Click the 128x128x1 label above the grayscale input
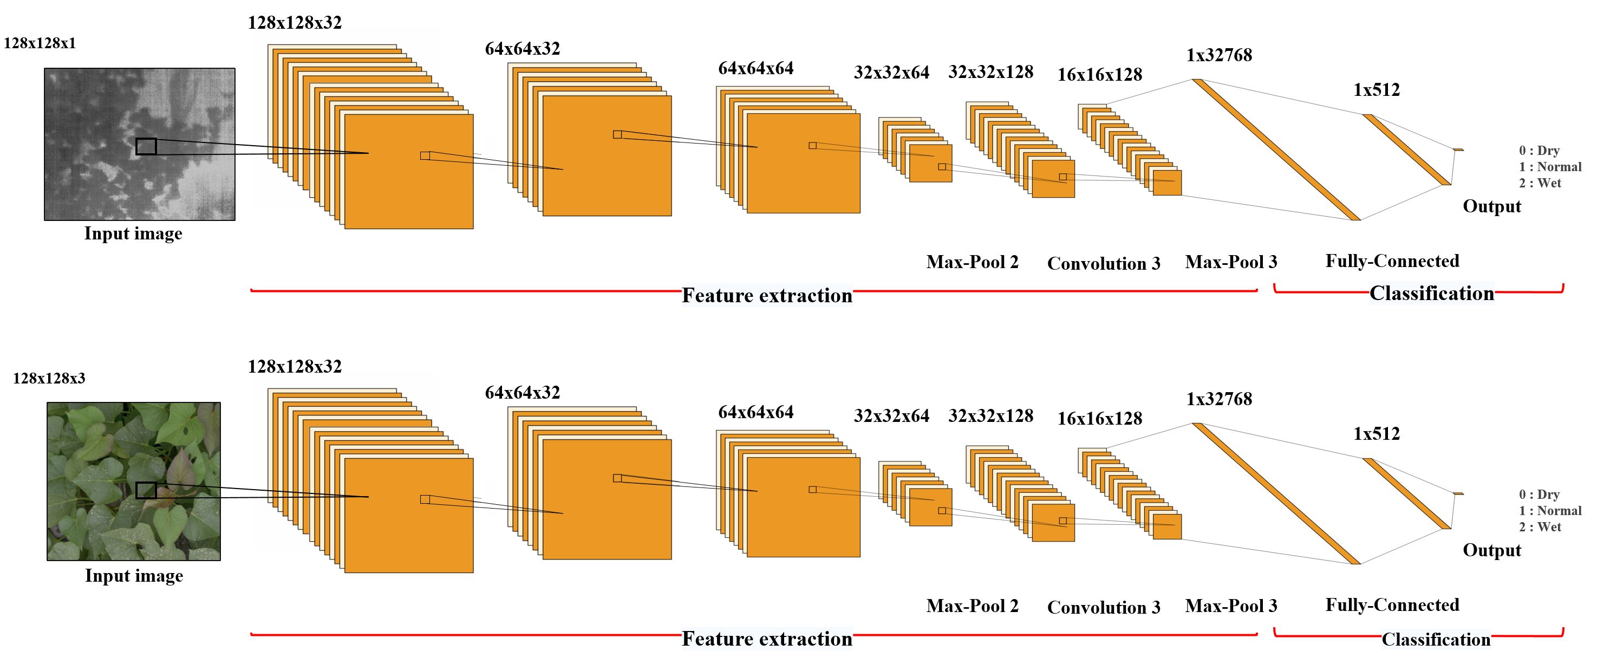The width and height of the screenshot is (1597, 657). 40,43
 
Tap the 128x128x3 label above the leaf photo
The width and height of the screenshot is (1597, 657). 49,378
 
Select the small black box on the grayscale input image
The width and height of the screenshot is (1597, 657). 146,146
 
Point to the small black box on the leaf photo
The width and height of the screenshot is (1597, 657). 146,490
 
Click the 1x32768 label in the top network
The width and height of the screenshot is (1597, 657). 1219,55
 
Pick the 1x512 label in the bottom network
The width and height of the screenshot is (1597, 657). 1376,434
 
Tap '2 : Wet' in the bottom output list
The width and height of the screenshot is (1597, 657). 1540,527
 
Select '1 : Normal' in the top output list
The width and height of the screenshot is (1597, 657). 1550,167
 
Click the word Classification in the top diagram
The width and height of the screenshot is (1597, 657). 1431,293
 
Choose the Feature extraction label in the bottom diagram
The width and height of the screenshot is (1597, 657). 767,639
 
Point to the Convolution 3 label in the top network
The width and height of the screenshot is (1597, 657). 1104,263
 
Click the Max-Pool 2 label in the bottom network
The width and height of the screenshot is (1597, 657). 972,606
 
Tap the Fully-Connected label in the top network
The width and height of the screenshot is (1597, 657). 1392,261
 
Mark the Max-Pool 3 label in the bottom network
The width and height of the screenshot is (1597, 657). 1230,606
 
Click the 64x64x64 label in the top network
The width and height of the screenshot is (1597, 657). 756,68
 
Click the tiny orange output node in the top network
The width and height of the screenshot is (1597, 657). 1459,149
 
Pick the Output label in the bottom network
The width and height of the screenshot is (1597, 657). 1491,550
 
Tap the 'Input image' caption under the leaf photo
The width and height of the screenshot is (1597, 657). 134,576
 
